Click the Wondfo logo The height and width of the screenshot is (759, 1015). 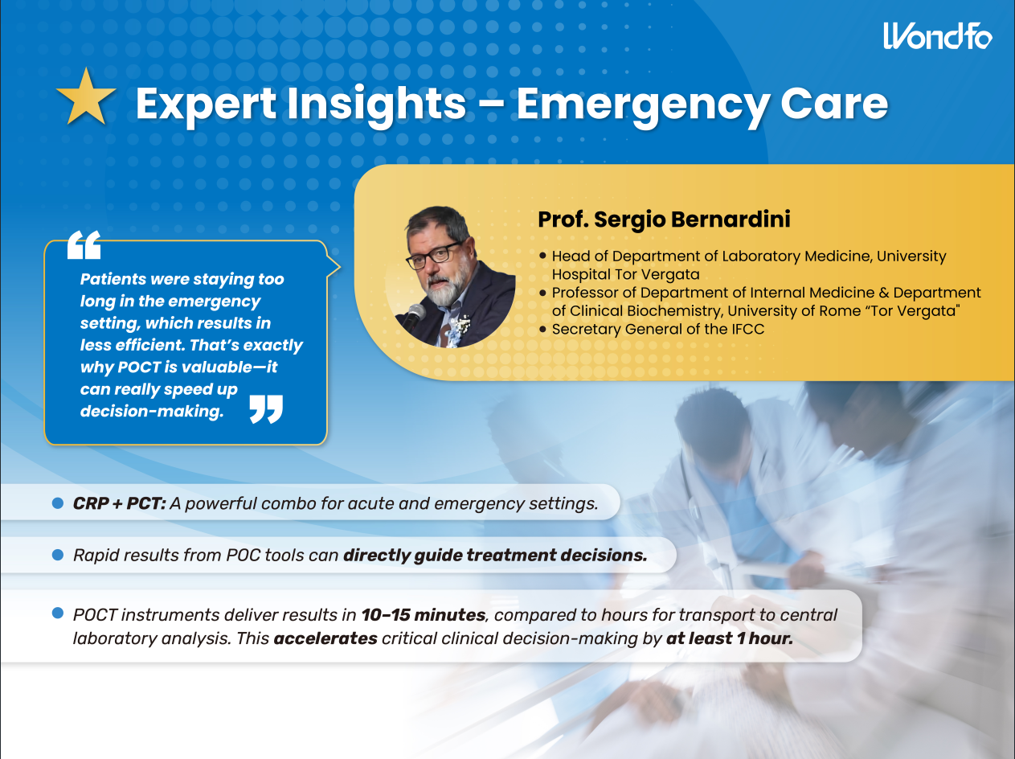coord(937,35)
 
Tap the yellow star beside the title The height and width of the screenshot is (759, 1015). coord(86,97)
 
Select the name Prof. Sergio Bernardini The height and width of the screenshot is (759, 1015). coord(664,219)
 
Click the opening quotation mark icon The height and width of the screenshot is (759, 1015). coord(84,244)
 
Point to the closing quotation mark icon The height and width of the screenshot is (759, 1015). coord(266,409)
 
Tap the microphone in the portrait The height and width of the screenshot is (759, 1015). coord(413,316)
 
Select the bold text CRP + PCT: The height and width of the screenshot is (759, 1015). coord(119,503)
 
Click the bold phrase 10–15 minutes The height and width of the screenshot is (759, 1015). coord(424,615)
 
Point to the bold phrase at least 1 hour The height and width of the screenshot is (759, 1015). coord(729,638)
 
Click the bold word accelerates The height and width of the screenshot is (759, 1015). coord(325,638)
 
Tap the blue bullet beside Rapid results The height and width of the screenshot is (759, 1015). coord(58,555)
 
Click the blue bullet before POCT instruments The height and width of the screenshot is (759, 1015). coord(58,613)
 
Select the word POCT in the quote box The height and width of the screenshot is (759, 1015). coord(139,367)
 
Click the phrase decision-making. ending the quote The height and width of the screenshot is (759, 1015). coord(152,411)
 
